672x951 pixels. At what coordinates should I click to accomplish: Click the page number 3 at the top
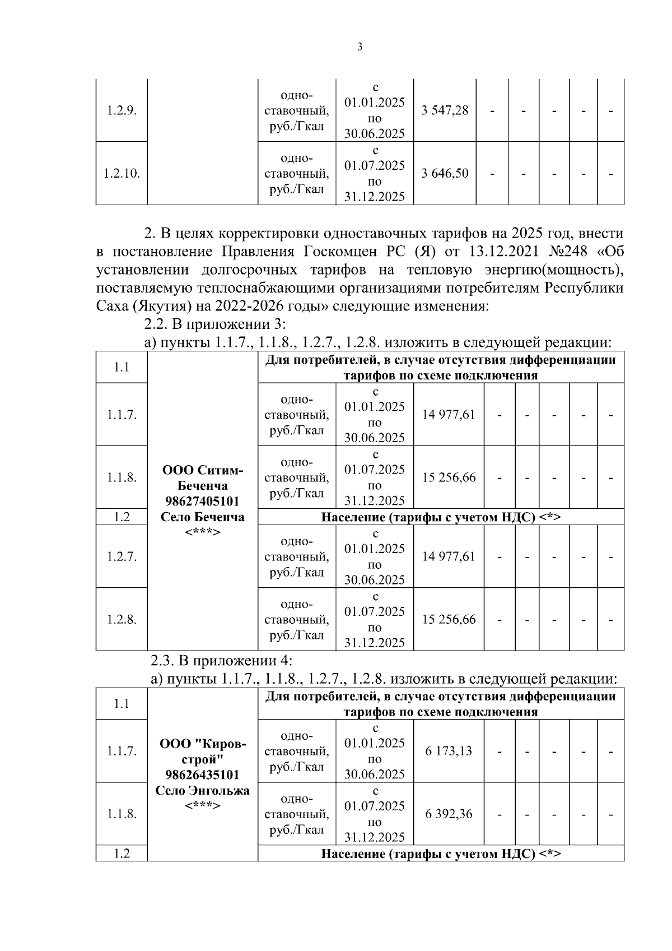click(x=360, y=48)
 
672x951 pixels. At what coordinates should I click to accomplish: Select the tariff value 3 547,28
click(x=445, y=110)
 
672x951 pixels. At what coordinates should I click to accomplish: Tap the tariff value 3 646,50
click(x=445, y=173)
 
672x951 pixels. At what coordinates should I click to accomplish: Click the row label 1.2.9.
click(x=122, y=110)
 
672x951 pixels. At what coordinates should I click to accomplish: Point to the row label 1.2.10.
click(x=122, y=173)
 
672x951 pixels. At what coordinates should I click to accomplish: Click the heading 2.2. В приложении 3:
click(x=216, y=324)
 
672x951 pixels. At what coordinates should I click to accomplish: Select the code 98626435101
click(x=202, y=774)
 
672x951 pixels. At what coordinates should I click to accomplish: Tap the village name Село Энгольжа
click(x=202, y=790)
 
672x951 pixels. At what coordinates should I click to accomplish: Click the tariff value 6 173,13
click(x=449, y=751)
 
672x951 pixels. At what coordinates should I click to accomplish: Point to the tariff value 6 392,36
click(x=449, y=814)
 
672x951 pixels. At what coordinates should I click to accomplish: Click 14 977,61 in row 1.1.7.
click(x=449, y=415)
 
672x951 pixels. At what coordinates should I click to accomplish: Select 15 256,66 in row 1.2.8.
click(x=449, y=619)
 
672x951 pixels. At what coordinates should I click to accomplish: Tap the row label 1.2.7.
click(x=122, y=556)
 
